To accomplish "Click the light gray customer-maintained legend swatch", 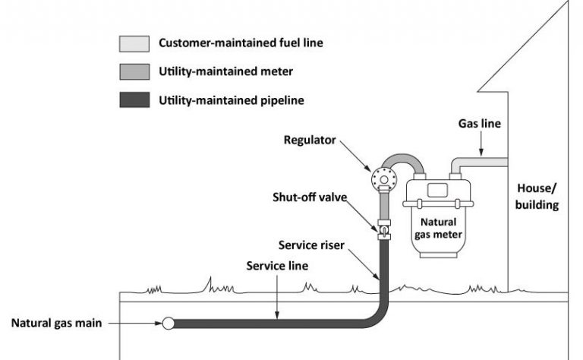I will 134,43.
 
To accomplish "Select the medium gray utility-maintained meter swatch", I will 134,72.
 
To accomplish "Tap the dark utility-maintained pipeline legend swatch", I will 134,99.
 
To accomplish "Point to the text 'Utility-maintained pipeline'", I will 222,99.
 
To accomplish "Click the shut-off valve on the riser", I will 383,227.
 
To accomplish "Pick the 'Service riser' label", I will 312,245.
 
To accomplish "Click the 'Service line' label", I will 277,267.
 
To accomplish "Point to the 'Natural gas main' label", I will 56,323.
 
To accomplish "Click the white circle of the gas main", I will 168,323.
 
